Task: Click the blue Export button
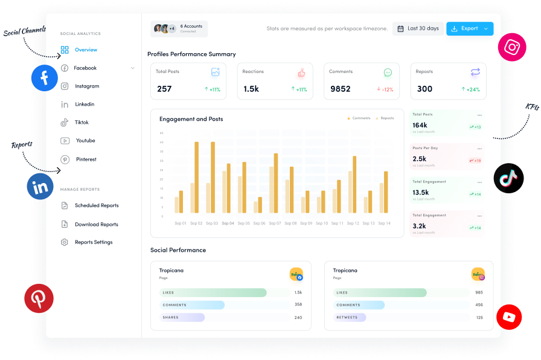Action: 469,28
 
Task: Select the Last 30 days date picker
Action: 417,28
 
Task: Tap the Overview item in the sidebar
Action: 86,50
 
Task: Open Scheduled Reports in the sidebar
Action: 97,205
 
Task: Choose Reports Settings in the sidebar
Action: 94,242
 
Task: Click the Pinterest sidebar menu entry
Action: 86,159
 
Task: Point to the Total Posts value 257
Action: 164,89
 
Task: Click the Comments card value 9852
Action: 341,89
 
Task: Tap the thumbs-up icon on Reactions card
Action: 301,72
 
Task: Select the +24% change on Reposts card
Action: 471,89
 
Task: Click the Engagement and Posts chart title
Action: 191,119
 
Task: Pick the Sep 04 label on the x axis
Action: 228,223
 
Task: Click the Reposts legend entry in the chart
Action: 385,118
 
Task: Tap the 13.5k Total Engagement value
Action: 421,192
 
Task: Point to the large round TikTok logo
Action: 508,178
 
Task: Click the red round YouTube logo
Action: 509,317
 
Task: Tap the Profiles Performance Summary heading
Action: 191,54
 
